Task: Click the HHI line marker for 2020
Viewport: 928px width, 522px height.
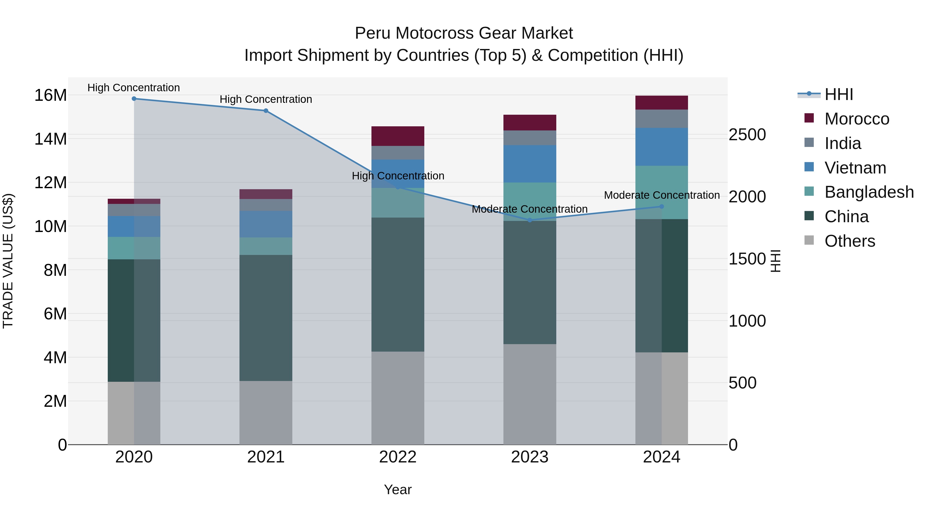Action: [134, 99]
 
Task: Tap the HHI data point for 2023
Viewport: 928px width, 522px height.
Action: [529, 220]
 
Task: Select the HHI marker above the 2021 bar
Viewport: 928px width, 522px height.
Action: [266, 111]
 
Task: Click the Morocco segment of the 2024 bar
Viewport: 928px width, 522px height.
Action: [661, 103]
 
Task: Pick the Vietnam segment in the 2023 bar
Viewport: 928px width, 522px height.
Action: [529, 164]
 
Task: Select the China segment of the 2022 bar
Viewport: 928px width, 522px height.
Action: [398, 285]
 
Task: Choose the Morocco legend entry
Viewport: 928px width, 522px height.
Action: [857, 119]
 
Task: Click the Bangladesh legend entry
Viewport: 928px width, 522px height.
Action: [869, 192]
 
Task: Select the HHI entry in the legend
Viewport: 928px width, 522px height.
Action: [838, 94]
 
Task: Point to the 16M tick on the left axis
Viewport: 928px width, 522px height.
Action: [51, 95]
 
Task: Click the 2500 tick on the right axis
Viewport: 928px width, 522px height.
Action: [747, 135]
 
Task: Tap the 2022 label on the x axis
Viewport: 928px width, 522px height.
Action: [398, 457]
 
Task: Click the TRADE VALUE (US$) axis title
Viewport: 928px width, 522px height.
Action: [8, 261]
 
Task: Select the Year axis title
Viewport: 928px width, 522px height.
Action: [398, 490]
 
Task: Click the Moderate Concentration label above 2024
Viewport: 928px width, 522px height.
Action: [661, 195]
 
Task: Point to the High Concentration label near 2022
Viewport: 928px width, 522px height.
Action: [398, 176]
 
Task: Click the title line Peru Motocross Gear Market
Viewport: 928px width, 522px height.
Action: [464, 33]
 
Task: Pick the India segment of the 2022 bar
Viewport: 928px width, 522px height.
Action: [398, 153]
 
